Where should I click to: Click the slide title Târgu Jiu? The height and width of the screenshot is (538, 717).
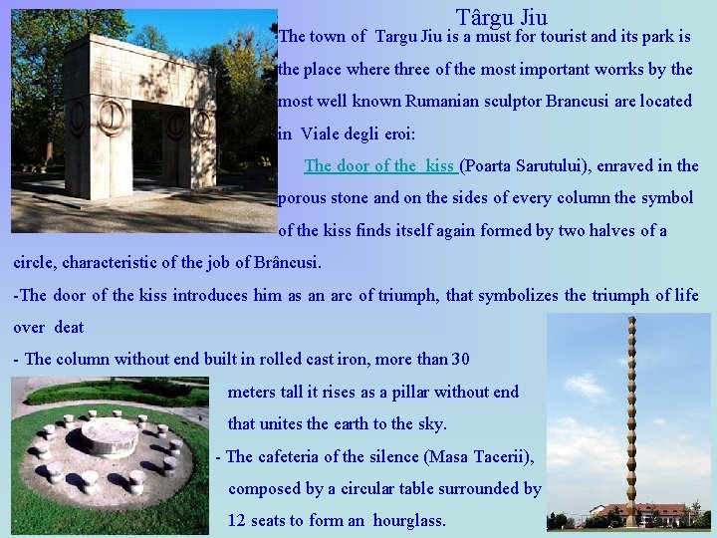501,17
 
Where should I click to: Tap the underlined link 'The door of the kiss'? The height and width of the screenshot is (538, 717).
379,165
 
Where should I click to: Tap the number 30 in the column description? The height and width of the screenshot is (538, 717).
460,359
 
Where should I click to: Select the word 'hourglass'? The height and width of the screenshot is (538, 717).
407,520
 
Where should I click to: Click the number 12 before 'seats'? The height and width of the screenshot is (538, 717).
237,520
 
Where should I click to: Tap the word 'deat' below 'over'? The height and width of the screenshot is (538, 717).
69,327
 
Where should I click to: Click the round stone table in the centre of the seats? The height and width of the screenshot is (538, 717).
109,435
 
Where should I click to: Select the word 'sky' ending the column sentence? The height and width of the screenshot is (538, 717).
430,423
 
